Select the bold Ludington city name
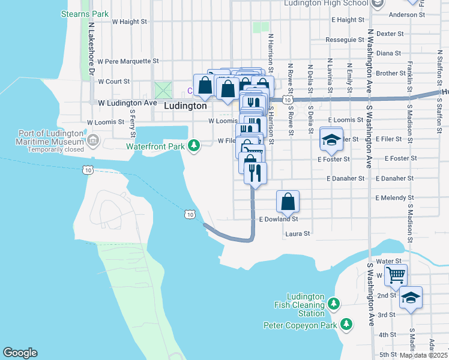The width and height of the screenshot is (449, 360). tap(185, 106)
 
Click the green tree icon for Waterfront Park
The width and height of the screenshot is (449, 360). tap(193, 145)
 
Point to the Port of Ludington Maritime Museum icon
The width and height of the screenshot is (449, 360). tap(92, 141)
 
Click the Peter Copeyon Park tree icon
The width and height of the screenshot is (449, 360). tap(346, 325)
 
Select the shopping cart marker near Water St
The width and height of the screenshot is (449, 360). tap(396, 275)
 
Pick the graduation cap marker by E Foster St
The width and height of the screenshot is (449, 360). tap(330, 139)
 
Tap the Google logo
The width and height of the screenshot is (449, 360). tap(20, 353)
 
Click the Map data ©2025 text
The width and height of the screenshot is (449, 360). tap(423, 355)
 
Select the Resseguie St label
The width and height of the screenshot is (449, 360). tap(345, 40)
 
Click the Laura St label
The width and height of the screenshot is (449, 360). tap(297, 234)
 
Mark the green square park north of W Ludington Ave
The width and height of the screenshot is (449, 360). tap(163, 91)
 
